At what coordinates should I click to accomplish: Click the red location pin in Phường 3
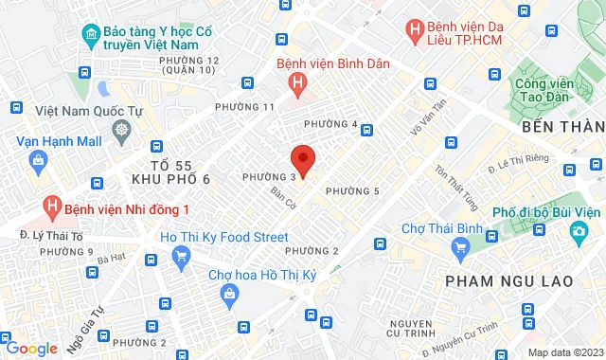[302, 157]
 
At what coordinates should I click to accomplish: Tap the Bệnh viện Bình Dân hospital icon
[299, 85]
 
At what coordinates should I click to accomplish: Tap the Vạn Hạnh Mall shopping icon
[36, 160]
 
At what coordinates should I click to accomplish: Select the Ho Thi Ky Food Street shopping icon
[181, 254]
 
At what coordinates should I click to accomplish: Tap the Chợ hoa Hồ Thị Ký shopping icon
[229, 296]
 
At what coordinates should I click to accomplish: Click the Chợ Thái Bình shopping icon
[461, 248]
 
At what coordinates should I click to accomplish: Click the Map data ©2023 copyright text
[564, 352]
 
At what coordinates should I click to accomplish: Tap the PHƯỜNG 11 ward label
[244, 107]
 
